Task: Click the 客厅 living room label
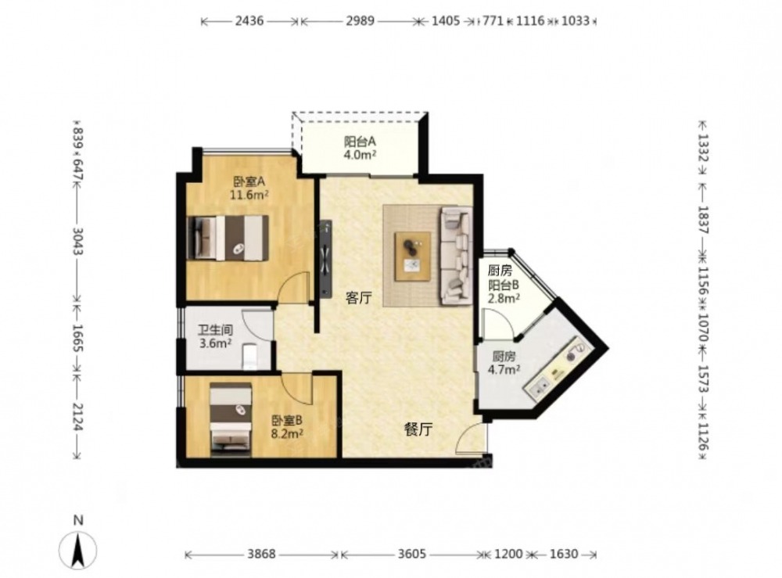(x=359, y=299)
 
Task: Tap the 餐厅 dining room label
(x=418, y=429)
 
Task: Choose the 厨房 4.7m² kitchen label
(x=504, y=363)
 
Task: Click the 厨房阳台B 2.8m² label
(x=504, y=285)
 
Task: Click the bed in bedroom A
(x=228, y=238)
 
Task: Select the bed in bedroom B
(x=230, y=420)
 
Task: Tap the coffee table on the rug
(x=413, y=257)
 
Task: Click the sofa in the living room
(x=455, y=257)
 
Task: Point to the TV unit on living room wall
(x=325, y=259)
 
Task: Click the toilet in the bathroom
(x=249, y=357)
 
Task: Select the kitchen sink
(x=538, y=387)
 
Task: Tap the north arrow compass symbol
(x=77, y=550)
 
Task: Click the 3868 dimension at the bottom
(x=261, y=554)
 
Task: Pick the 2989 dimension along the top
(x=360, y=21)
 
